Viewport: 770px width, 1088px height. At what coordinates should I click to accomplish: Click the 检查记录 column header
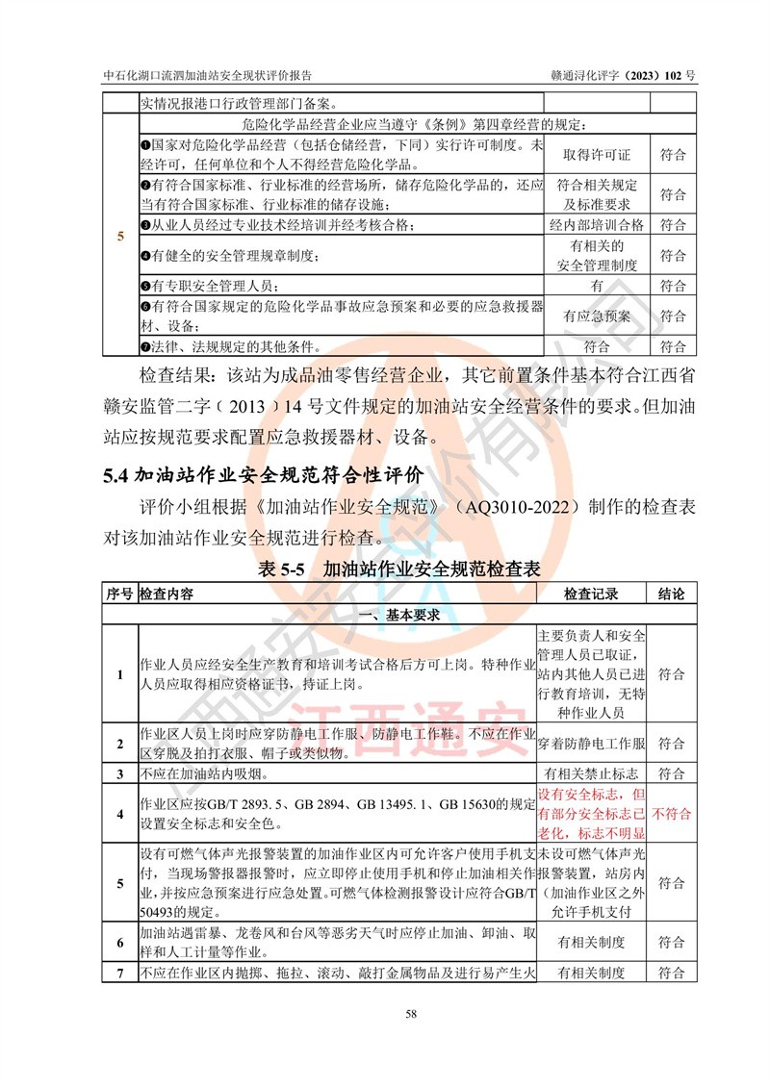591,594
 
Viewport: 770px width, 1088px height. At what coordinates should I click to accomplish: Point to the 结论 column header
671,594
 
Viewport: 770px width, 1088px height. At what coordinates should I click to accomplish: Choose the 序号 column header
119,594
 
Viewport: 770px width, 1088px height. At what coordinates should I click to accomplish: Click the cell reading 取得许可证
597,154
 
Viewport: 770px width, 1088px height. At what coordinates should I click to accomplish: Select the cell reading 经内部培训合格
597,225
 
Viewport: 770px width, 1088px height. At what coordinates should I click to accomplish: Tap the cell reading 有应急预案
597,316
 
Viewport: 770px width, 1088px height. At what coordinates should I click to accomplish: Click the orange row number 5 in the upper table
119,236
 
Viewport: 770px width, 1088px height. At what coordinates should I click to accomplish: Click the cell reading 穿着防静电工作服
591,744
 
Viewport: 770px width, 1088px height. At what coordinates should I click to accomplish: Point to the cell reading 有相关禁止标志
591,773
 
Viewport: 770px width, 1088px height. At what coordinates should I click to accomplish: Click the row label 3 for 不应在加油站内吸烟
119,773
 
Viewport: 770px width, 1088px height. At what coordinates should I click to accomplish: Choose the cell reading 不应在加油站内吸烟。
202,773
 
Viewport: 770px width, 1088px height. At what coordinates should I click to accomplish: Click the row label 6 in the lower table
119,942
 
